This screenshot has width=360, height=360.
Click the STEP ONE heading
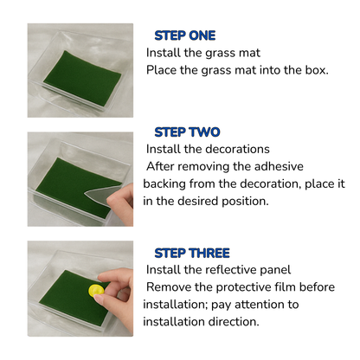pyautogui.click(x=186, y=35)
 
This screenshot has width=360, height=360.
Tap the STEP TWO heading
pyautogui.click(x=186, y=132)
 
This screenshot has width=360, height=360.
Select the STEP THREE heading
pyautogui.click(x=191, y=253)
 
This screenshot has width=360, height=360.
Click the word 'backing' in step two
pyautogui.click(x=167, y=183)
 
